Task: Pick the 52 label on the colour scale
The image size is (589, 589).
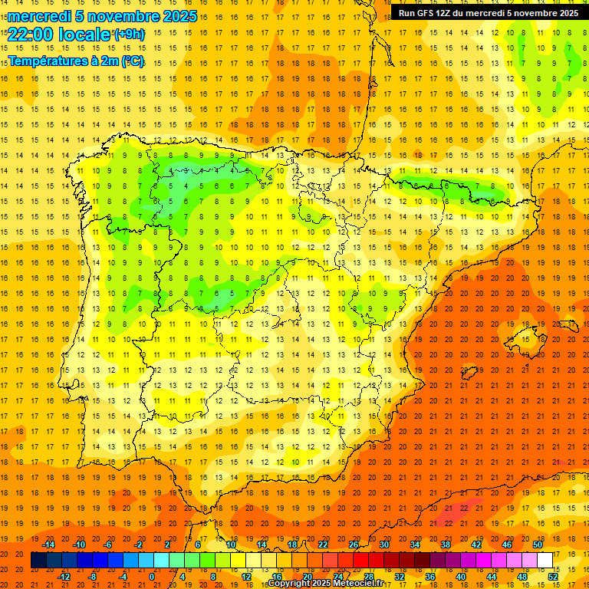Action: pyautogui.click(x=553, y=576)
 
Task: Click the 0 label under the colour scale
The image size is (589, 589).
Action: pyautogui.click(x=152, y=576)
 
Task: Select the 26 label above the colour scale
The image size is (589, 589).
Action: pyautogui.click(x=353, y=545)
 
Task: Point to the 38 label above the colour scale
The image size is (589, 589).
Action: pyautogui.click(x=446, y=545)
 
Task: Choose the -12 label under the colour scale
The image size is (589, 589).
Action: pyautogui.click(x=64, y=576)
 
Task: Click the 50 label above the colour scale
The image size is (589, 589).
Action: pyautogui.click(x=538, y=545)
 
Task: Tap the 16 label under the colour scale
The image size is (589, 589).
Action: pyautogui.click(x=277, y=576)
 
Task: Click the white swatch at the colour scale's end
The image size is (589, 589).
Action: pyautogui.click(x=545, y=561)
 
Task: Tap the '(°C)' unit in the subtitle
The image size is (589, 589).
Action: pyautogui.click(x=133, y=61)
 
